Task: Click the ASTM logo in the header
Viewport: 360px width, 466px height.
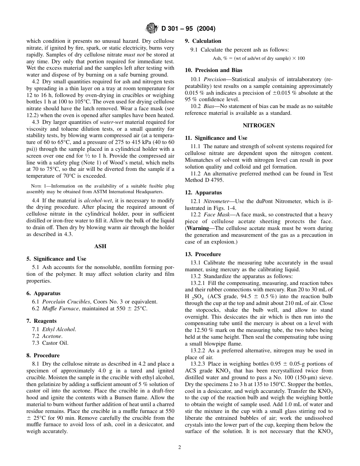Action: [152, 29]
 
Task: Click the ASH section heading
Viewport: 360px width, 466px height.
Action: [100, 247]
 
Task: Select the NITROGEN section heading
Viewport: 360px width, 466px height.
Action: [259, 125]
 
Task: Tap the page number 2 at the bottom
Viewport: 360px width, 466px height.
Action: [180, 447]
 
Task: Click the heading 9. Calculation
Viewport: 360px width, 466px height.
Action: [203, 41]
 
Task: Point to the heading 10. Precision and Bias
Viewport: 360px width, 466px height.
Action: [213, 70]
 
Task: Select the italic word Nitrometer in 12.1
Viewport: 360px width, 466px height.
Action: [216, 201]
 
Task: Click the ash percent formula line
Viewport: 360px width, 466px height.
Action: [259, 58]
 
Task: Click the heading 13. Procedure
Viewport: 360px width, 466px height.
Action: [203, 255]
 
